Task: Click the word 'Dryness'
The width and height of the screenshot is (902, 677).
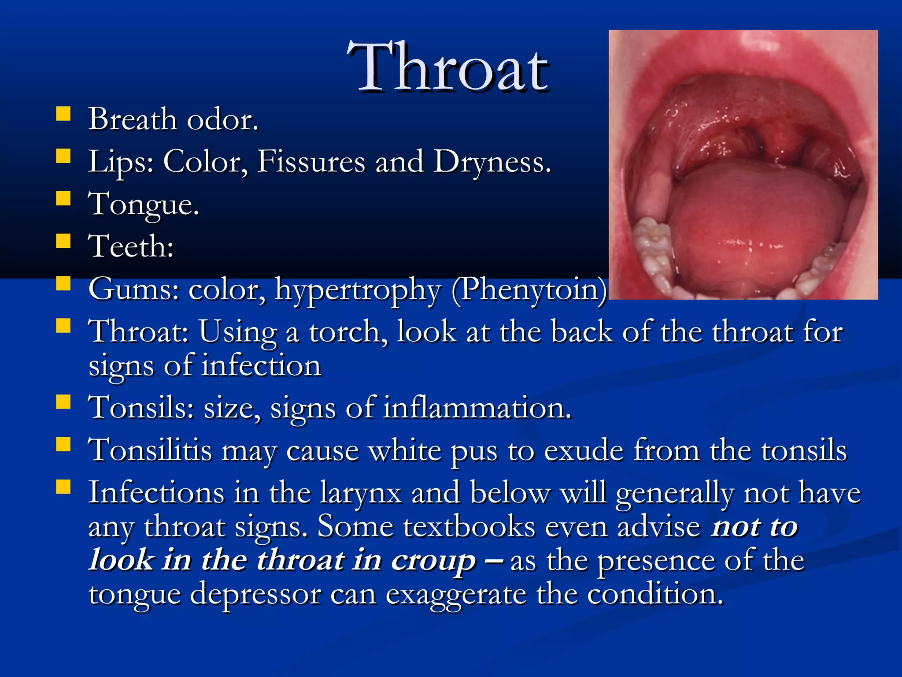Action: point(492,162)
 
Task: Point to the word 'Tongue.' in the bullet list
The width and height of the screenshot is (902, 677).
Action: point(144,205)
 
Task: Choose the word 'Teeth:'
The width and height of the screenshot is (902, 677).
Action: point(131,246)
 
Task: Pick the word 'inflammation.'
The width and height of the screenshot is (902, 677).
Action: point(477,408)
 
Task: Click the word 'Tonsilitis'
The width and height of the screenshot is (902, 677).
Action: point(150,450)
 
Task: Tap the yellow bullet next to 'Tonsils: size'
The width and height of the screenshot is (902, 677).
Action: point(63,402)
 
